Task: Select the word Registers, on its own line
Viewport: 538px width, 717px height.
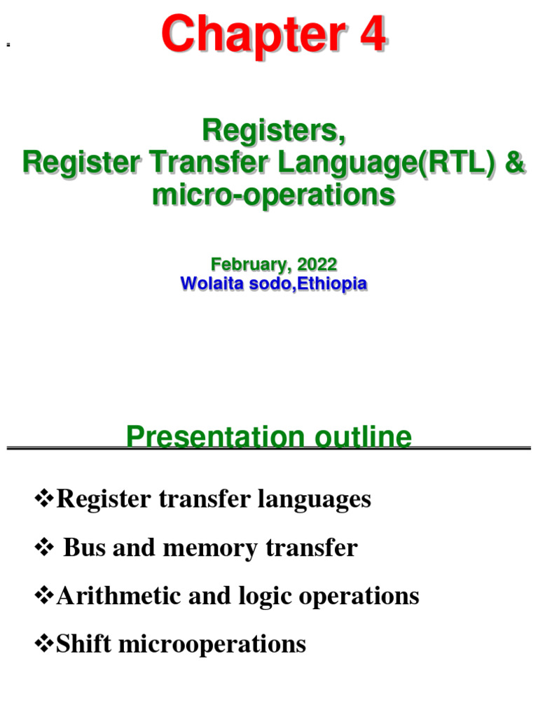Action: (273, 130)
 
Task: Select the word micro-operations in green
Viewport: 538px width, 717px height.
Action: (273, 195)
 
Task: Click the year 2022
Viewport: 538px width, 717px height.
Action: (317, 265)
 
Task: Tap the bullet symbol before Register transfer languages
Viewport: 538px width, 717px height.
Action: (44, 499)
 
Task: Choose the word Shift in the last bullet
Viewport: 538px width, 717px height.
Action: (78, 644)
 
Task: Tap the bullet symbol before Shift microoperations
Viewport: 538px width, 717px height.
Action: (44, 644)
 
